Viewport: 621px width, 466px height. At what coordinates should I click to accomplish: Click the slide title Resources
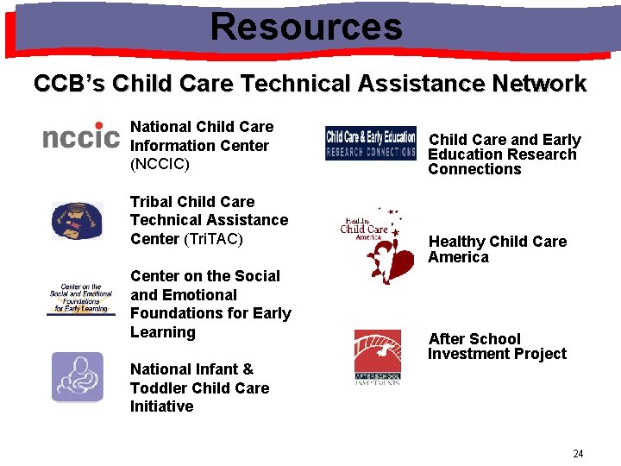[306, 26]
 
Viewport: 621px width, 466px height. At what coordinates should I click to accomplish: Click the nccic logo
[81, 137]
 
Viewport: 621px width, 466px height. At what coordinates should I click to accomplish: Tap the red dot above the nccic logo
[99, 126]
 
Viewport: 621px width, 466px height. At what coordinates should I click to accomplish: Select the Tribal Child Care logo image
[77, 221]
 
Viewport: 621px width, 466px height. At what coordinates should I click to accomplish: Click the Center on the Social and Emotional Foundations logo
[80, 299]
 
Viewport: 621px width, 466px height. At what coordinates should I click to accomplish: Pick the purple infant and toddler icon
[77, 377]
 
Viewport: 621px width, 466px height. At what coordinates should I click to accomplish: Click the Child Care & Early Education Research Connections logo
[370, 143]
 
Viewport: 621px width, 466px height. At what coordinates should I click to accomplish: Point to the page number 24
[578, 454]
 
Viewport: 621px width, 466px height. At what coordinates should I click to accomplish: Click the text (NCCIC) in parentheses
[160, 164]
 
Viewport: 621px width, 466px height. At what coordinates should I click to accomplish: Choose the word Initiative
[161, 406]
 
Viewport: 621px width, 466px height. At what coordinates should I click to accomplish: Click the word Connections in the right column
[474, 169]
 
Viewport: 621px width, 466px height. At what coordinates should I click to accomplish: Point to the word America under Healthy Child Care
[458, 257]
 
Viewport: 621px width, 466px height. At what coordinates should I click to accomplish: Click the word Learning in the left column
[163, 332]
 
